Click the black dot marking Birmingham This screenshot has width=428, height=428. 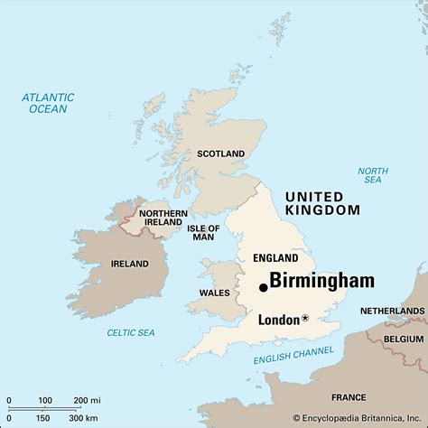[263, 287]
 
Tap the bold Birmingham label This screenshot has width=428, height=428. [321, 281]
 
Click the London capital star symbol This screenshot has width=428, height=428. [305, 318]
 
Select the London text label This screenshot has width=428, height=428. [278, 319]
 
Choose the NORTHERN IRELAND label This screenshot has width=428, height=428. [163, 219]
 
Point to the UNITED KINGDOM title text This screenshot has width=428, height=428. [321, 203]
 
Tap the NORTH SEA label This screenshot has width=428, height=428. [372, 176]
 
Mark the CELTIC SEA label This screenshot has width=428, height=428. [132, 332]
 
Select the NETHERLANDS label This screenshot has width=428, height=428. [393, 310]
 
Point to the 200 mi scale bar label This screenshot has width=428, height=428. [87, 400]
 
